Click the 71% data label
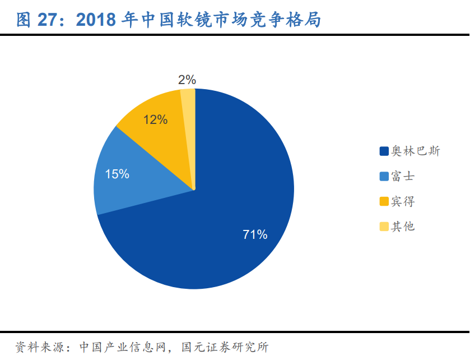(255, 235)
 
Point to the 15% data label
(117, 174)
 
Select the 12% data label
(155, 120)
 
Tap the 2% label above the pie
(187, 80)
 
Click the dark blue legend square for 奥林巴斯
(384, 151)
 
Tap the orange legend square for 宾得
(384, 202)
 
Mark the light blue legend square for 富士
(384, 177)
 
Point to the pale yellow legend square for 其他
(384, 227)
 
